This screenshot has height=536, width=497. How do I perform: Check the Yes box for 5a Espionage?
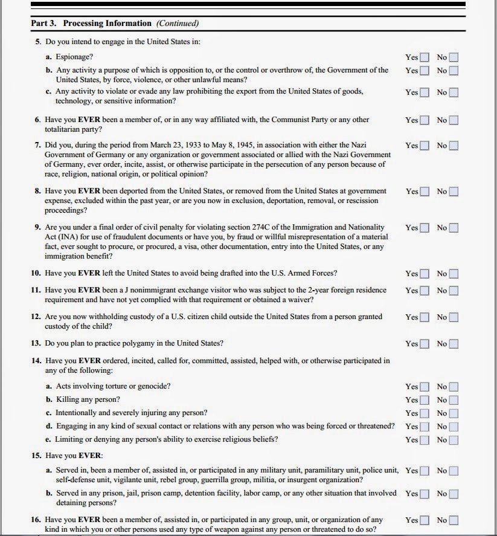tap(425, 57)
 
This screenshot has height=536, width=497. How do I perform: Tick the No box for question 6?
tap(454, 120)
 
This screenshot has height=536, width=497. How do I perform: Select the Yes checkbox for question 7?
tap(425, 146)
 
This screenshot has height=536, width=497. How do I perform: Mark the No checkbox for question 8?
tap(454, 192)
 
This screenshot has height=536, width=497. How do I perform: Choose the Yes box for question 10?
tap(425, 274)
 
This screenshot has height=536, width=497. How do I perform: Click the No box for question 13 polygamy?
tap(454, 344)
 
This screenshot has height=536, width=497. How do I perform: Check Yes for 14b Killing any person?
tap(425, 400)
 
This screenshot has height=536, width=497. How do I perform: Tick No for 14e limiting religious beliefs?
tap(454, 440)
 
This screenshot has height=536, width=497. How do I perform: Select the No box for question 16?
tap(454, 520)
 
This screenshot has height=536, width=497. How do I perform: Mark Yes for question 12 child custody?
tap(425, 317)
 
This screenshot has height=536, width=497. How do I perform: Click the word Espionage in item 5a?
tap(75, 57)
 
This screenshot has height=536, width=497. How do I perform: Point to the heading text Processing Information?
tap(107, 24)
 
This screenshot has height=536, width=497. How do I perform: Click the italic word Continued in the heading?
tap(178, 24)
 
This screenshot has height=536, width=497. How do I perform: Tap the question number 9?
tap(37, 228)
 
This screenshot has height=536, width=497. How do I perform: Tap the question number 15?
tap(36, 455)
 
